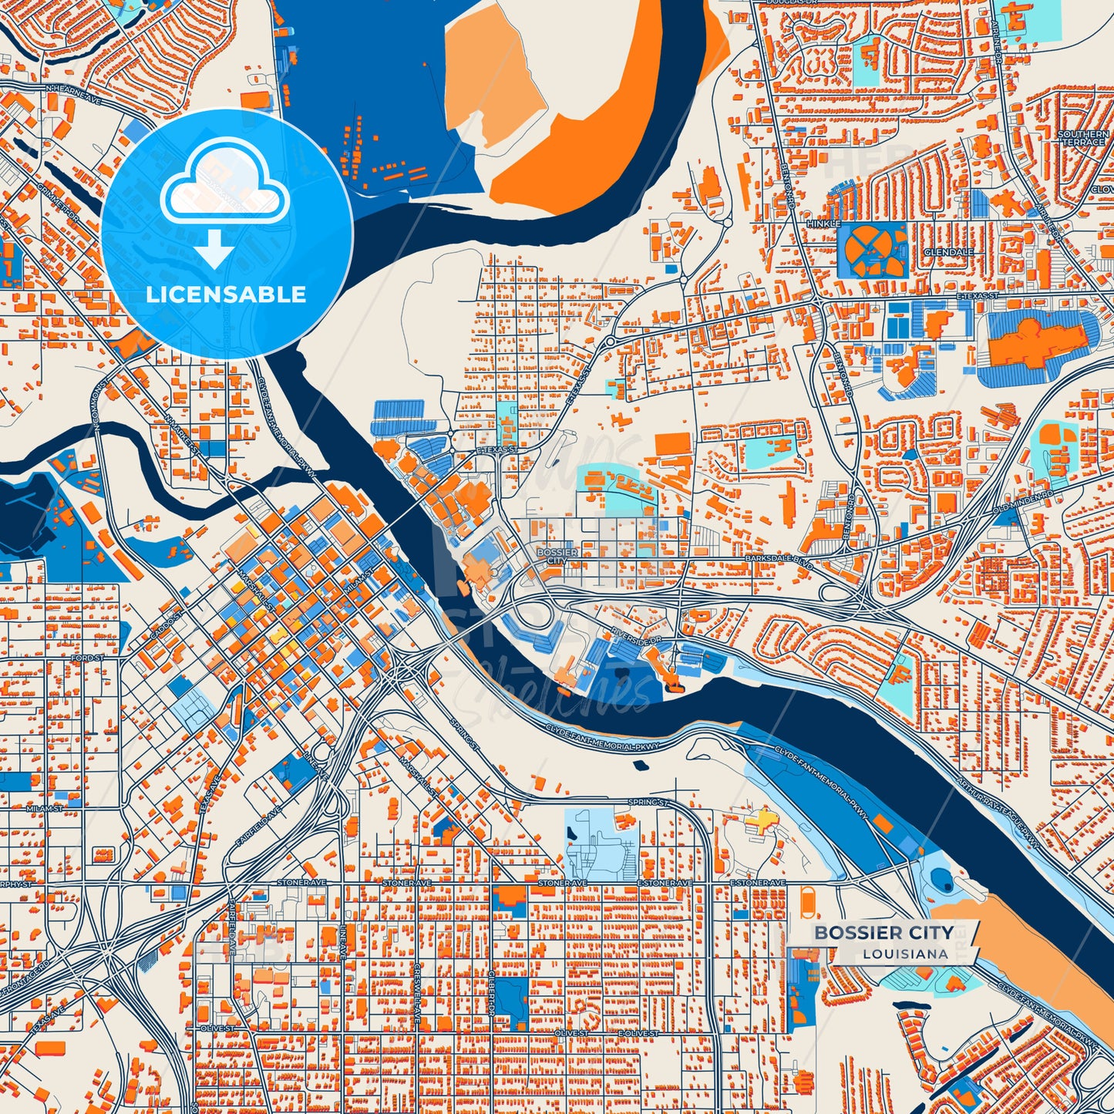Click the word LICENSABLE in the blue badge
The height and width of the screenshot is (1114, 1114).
coord(226,294)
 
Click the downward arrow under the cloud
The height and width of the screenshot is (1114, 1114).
coord(214,251)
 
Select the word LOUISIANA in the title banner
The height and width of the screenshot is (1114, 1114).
coord(905,954)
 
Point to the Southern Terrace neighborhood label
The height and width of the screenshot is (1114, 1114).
coord(1083,138)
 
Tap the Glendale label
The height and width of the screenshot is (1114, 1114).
coord(948,252)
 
